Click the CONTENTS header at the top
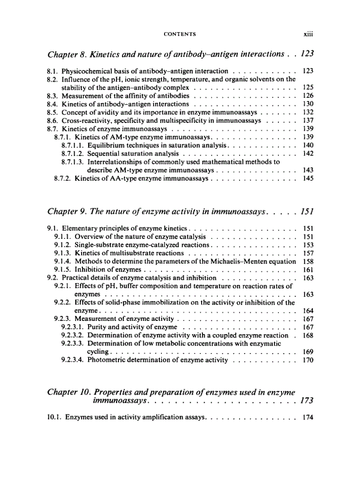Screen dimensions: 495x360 coord(180,33)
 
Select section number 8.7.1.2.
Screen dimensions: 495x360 coord(73,153)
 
